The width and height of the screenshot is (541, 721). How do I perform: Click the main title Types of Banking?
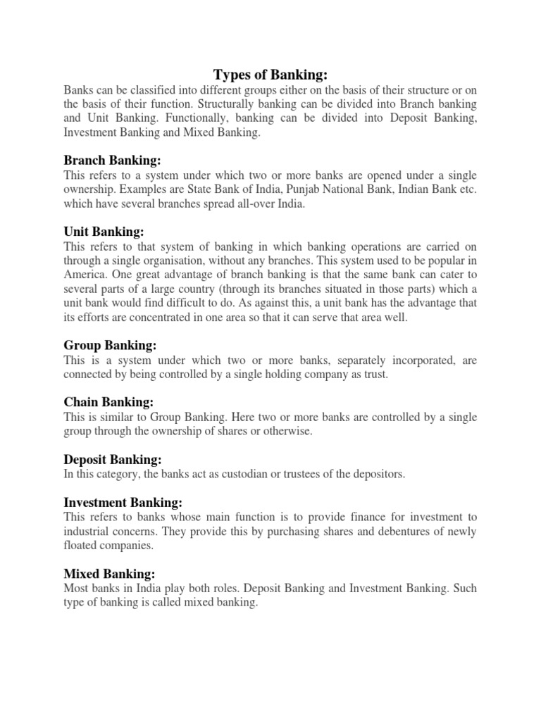tap(271, 75)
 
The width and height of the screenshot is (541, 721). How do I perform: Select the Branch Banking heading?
tap(113, 161)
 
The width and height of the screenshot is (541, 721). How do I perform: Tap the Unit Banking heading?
tap(104, 232)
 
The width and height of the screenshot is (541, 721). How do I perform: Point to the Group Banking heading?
tap(110, 345)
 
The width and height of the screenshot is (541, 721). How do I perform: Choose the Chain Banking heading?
tap(108, 402)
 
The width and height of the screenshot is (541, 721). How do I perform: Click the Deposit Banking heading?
tap(113, 459)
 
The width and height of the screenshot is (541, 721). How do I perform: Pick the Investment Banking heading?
tap(123, 503)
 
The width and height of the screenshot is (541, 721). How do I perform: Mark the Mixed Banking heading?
tap(109, 574)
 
